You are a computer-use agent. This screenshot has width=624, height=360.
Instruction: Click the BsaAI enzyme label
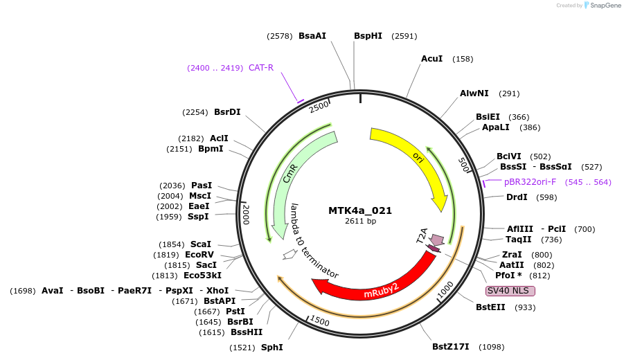[x=312, y=36]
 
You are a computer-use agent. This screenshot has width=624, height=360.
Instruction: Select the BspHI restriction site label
[x=368, y=36]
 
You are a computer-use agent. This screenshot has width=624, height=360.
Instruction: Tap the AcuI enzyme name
[x=431, y=59]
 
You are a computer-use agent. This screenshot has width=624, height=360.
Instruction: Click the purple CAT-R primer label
[x=261, y=68]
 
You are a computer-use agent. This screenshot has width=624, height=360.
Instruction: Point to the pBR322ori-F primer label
[x=530, y=182]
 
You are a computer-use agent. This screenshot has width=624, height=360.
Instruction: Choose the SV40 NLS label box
[x=510, y=291]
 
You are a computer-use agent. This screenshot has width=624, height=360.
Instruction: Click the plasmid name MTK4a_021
[x=360, y=210]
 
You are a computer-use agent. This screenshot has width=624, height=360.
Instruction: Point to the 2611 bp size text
[x=360, y=222]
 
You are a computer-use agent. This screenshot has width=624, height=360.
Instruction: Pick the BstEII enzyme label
[x=490, y=307]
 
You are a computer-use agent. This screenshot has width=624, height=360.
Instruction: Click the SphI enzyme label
[x=271, y=347]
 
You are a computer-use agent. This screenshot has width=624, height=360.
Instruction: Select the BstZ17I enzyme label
[x=451, y=346]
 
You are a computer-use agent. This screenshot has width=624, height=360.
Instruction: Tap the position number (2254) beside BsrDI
[x=195, y=112]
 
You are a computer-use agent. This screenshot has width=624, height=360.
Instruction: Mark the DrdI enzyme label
[x=517, y=197]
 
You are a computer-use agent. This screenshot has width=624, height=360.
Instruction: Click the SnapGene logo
[x=603, y=6]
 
